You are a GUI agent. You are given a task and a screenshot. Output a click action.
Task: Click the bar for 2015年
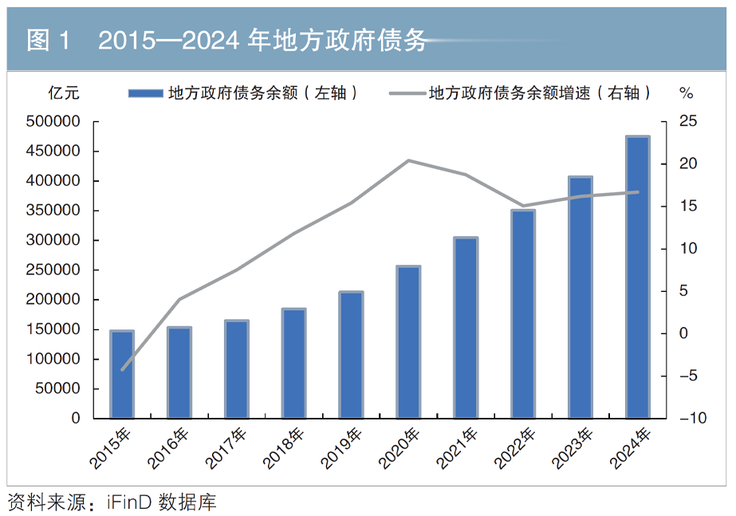[x=122, y=374]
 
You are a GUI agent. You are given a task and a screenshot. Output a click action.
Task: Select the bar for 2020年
[x=408, y=342]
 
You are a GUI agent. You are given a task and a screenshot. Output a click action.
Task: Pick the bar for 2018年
[x=293, y=363]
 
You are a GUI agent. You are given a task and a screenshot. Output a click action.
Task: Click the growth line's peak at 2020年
[x=408, y=160]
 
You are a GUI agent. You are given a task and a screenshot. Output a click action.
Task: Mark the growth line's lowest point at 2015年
[x=122, y=370]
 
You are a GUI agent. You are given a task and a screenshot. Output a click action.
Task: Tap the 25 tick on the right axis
[x=687, y=121]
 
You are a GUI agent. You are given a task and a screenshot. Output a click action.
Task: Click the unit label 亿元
[x=64, y=93]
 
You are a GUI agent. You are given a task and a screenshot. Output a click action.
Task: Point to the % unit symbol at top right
[x=686, y=93]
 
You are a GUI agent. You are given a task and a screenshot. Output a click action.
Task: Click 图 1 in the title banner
[x=49, y=41]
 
